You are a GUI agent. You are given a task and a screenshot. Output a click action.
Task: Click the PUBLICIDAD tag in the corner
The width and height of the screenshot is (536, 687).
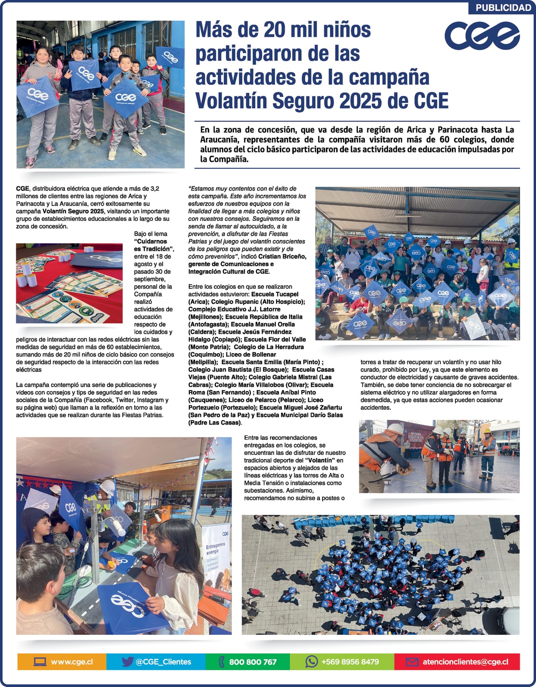[503, 7]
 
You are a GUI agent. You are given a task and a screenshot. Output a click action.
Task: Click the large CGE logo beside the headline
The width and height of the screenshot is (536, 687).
[482, 35]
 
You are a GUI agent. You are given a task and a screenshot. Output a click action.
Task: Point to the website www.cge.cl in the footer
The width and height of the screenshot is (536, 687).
[72, 662]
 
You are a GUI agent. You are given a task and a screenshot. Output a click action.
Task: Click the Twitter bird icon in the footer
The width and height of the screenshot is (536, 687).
[127, 661]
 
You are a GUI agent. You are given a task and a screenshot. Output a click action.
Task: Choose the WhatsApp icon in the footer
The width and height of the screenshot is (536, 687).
[311, 661]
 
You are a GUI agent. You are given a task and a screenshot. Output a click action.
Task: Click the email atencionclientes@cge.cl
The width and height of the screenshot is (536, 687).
[465, 662]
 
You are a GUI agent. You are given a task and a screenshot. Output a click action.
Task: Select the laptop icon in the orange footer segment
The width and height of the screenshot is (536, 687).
[40, 662]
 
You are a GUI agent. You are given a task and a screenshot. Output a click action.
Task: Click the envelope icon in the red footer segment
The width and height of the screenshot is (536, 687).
[412, 662]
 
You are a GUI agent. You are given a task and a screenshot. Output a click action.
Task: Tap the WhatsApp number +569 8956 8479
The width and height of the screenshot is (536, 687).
[350, 662]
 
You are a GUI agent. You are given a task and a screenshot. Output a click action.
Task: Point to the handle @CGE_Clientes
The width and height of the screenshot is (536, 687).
[163, 662]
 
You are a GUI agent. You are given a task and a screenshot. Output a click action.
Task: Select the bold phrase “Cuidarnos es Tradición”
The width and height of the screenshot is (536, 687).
[153, 245]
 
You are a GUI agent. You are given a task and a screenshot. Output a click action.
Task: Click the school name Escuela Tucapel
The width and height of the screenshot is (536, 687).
[275, 294]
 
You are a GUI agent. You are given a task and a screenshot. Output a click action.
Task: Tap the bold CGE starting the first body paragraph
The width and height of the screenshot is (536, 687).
[22, 189]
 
